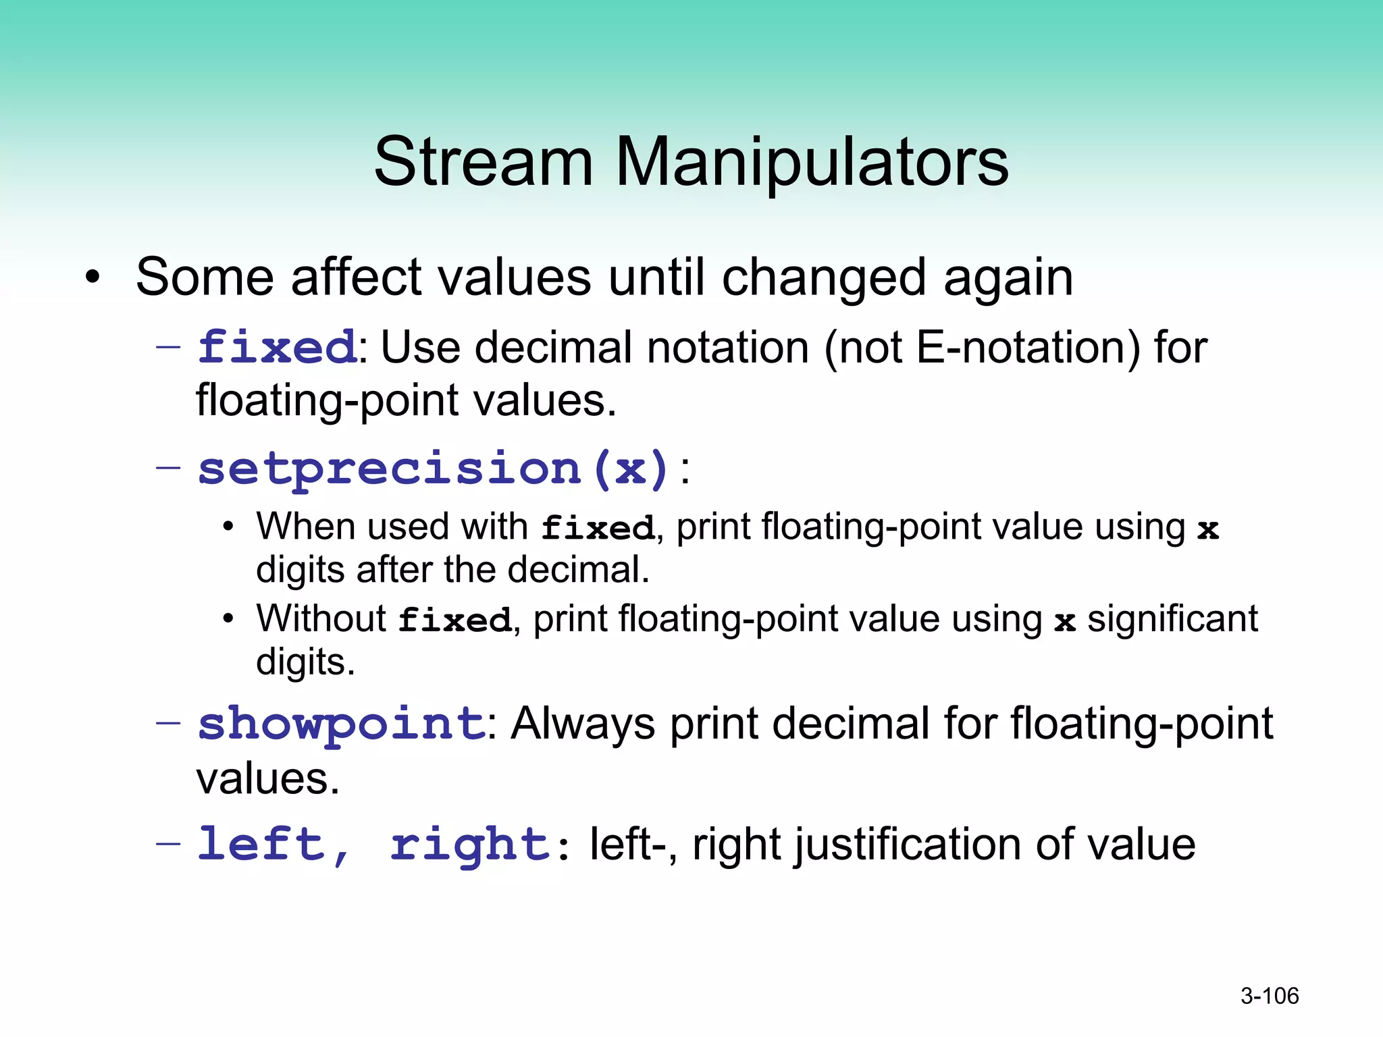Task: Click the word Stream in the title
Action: [x=484, y=162]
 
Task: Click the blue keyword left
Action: [x=262, y=844]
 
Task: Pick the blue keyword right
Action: [x=471, y=845]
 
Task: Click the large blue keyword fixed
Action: [x=277, y=347]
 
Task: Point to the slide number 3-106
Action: [x=1270, y=996]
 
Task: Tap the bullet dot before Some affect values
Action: [x=93, y=277]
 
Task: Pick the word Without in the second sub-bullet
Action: [x=321, y=618]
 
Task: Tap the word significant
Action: [x=1172, y=618]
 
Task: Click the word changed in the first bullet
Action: [x=824, y=277]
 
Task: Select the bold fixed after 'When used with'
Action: [x=598, y=528]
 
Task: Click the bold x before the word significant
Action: [x=1065, y=621]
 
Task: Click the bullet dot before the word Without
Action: [x=229, y=618]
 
